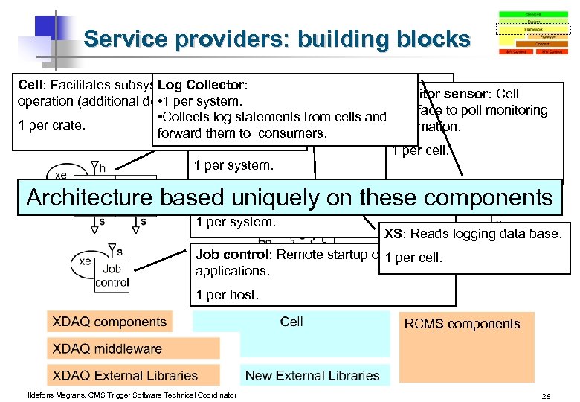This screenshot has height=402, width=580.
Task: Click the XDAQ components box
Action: click(109, 322)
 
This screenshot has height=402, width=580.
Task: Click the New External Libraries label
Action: click(312, 376)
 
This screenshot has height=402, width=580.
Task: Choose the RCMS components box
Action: click(462, 323)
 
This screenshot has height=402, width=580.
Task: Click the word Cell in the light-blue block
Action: click(291, 322)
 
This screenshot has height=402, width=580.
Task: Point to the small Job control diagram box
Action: click(112, 275)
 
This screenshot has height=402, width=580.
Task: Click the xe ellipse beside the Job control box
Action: click(84, 262)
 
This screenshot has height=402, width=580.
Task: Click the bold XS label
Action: click(393, 234)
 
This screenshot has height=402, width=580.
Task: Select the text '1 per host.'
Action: click(227, 295)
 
